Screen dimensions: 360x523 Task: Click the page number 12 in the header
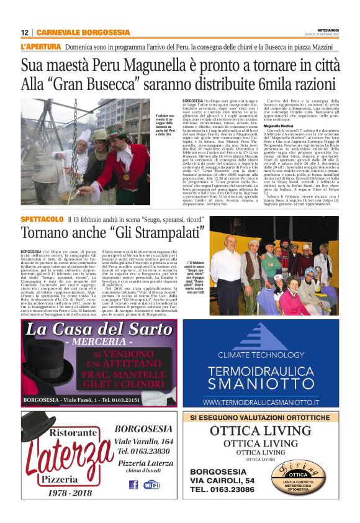click(25, 32)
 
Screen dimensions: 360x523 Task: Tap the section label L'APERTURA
click(41, 47)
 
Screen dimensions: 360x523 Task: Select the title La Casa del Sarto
click(100, 328)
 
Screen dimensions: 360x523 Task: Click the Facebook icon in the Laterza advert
click(133, 484)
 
